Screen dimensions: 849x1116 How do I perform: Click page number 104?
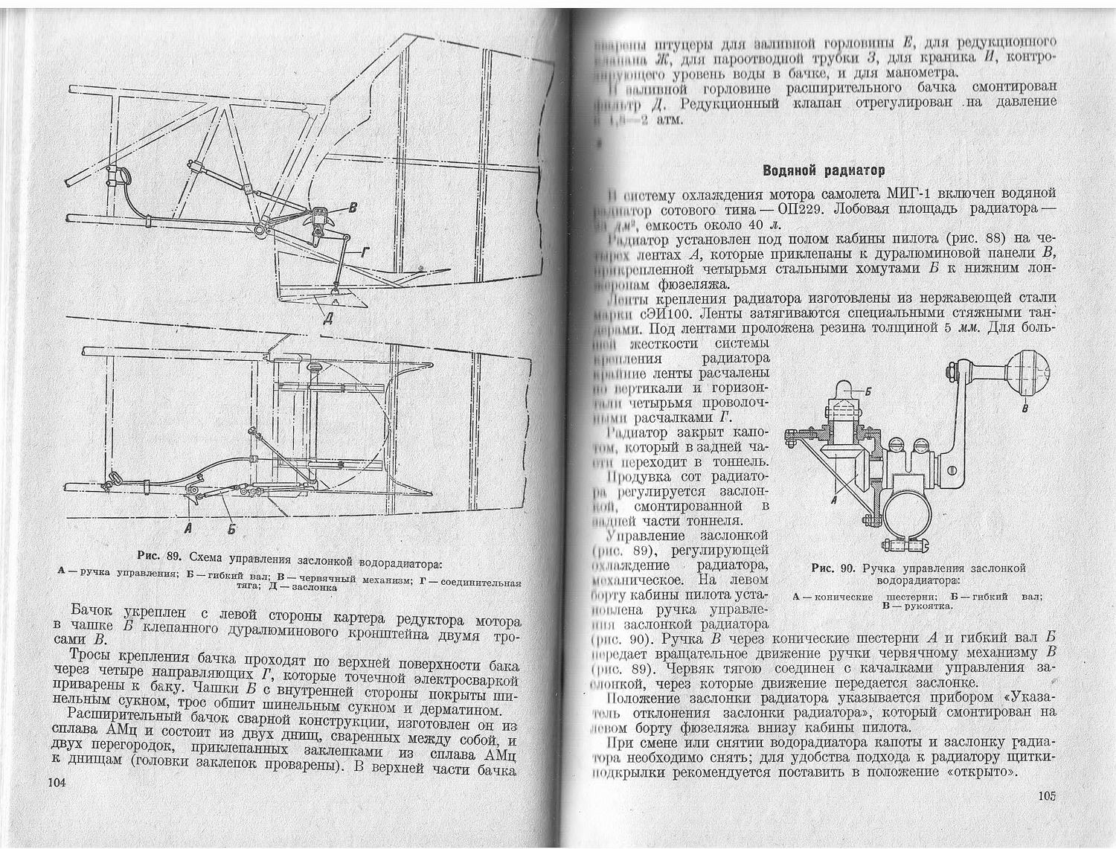pos(57,782)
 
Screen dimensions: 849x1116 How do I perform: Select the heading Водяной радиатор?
pos(824,171)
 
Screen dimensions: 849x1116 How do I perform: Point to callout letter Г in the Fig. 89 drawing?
pos(364,254)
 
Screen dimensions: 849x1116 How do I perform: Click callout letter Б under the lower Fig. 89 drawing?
pos(231,529)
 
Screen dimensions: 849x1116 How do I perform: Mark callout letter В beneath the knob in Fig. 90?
pos(1026,409)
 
